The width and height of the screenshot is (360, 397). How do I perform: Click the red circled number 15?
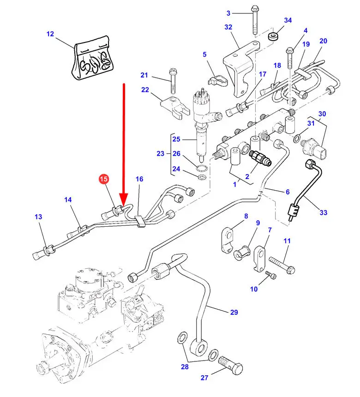point(104,179)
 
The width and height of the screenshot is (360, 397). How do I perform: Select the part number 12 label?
point(50,34)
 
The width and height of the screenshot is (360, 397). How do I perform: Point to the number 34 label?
point(288,20)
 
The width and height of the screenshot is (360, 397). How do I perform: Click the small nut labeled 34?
point(274,36)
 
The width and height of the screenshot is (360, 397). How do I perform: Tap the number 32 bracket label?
point(228,27)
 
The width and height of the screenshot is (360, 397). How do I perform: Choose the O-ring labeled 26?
point(202,167)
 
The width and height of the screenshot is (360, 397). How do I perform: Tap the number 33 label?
point(323,212)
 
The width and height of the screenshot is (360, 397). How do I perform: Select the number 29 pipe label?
point(234,313)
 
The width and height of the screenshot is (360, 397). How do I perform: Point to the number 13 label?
point(38,217)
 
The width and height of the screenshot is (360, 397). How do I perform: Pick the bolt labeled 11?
point(280,264)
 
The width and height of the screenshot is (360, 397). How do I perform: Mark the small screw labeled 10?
point(272,276)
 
